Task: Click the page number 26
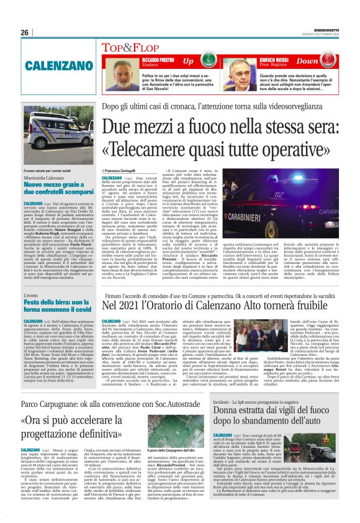[25, 33]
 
